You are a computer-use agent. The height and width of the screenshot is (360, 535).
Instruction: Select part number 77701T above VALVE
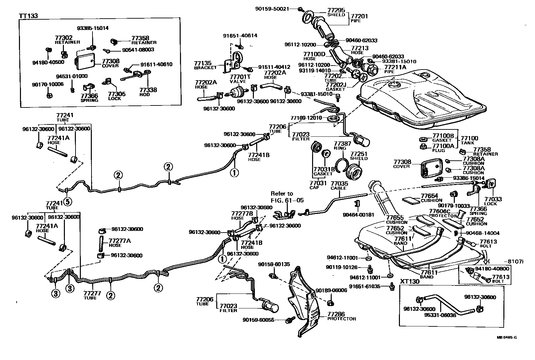[238, 77]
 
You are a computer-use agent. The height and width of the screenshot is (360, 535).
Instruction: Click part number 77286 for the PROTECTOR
[336, 314]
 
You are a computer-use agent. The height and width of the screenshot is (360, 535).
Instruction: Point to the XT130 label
[409, 281]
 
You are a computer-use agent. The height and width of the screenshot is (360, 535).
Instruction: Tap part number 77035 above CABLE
[339, 183]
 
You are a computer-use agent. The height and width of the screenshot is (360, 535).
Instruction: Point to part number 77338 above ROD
[148, 90]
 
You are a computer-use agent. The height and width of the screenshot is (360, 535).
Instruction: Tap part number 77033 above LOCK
[493, 199]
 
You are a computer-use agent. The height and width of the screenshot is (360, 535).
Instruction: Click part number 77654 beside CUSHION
[430, 196]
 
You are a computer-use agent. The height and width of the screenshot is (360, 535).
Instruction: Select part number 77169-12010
[306, 118]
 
